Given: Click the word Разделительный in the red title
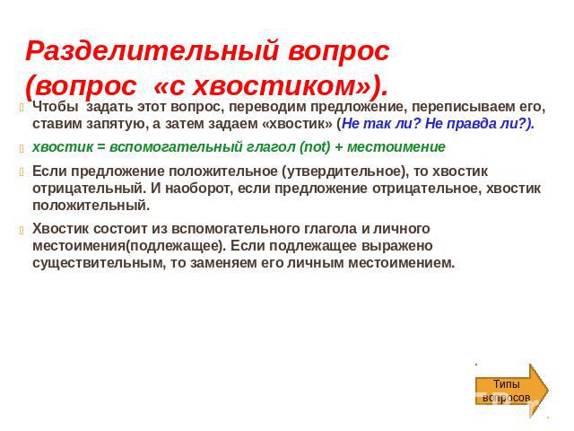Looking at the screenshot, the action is point(152,50).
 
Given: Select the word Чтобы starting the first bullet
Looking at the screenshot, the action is point(56,107).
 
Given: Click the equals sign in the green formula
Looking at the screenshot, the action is point(101,147).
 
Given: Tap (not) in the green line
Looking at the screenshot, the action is point(315,147).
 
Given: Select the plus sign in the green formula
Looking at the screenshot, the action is point(339,147).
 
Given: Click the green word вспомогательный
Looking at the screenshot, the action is point(177,147).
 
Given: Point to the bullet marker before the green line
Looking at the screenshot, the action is point(22,148).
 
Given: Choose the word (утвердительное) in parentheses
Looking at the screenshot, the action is point(344,172).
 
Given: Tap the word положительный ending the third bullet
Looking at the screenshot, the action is point(91,206).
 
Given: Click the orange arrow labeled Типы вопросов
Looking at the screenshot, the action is point(512,391).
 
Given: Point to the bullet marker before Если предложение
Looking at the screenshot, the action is point(22,172).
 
